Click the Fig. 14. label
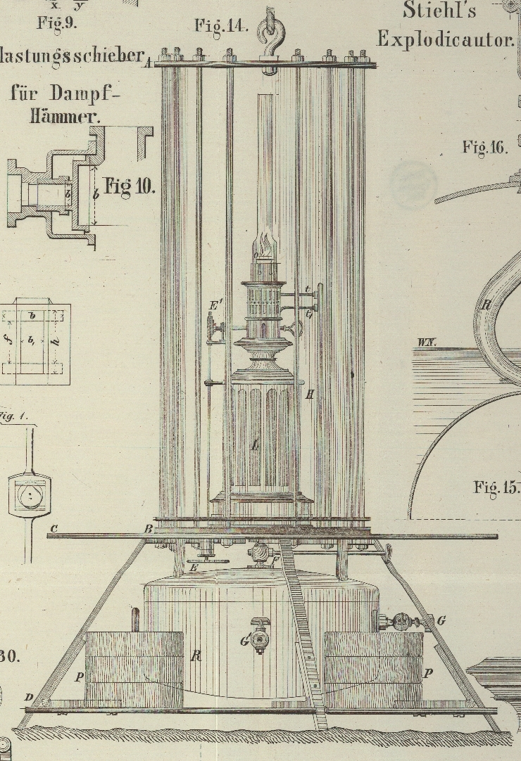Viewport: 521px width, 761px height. pyautogui.click(x=221, y=27)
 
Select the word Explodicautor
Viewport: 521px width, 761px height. pyautogui.click(x=446, y=39)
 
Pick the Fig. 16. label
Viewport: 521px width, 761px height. pyautogui.click(x=485, y=147)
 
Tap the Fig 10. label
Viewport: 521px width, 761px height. pyautogui.click(x=130, y=186)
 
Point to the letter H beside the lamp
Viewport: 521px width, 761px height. pyautogui.click(x=309, y=395)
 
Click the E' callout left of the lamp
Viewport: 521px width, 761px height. pyautogui.click(x=216, y=306)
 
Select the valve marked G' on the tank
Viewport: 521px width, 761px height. pyautogui.click(x=259, y=639)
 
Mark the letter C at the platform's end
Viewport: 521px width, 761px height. pyautogui.click(x=54, y=529)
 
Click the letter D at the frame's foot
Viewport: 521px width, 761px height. pyautogui.click(x=29, y=696)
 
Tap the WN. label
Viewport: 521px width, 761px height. pyautogui.click(x=427, y=343)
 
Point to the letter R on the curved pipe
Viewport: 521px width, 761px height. pyautogui.click(x=485, y=305)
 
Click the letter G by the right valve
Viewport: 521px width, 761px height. pyautogui.click(x=441, y=620)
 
